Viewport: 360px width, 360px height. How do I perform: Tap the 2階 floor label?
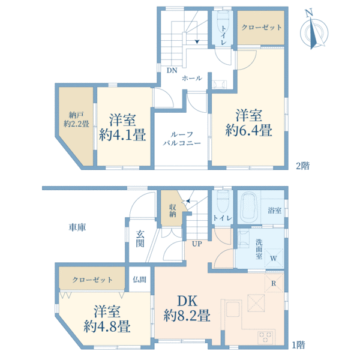302,166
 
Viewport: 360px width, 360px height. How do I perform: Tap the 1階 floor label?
298,345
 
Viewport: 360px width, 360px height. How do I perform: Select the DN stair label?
172,70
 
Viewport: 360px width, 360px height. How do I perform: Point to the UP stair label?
197,244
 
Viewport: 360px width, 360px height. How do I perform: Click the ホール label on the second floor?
192,78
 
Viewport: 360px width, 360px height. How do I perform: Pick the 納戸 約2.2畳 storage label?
76,119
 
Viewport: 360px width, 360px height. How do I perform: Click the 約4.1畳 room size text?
122,134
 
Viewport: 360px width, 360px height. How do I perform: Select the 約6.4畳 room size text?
248,130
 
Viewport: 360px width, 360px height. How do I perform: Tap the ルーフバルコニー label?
182,139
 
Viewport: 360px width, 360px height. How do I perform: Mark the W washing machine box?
274,259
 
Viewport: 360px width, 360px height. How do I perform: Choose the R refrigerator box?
274,283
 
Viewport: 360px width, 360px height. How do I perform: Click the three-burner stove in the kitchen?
266,337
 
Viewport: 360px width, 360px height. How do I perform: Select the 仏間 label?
140,280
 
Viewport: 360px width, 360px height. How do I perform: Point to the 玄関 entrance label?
140,239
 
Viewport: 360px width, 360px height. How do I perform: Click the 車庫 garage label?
77,227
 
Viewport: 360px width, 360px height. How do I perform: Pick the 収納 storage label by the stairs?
173,211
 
